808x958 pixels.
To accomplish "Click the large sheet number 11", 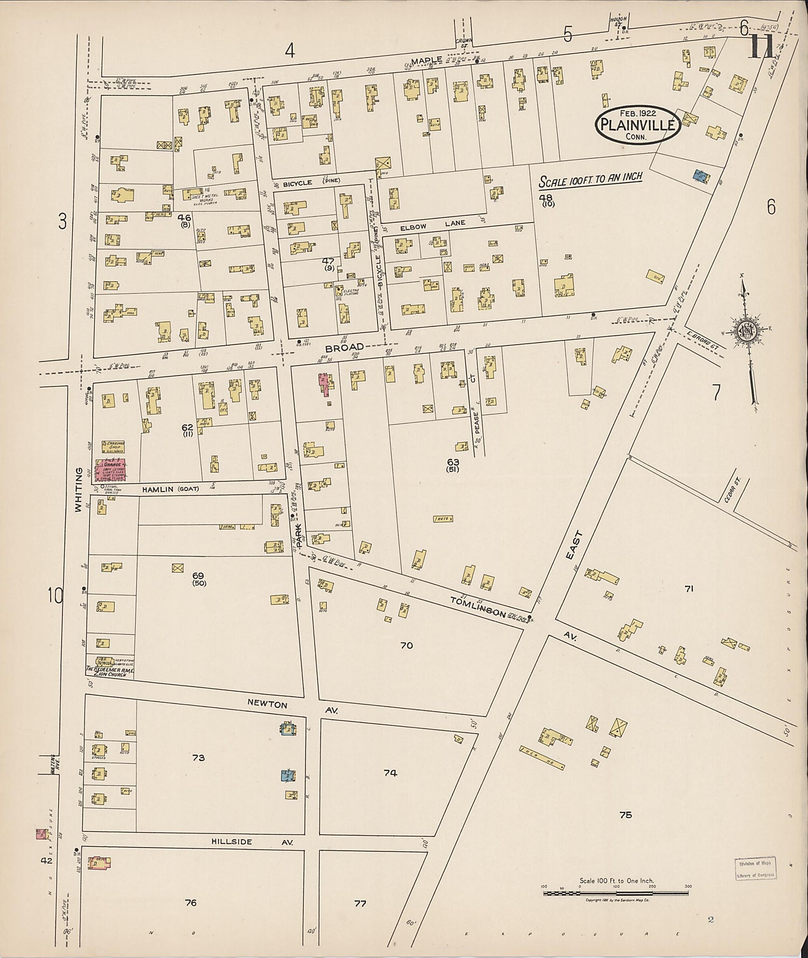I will tap(761, 47).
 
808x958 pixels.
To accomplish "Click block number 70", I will tap(406, 645).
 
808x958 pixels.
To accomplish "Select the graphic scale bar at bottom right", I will tap(616, 893).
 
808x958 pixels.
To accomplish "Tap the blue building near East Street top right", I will tap(700, 176).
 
